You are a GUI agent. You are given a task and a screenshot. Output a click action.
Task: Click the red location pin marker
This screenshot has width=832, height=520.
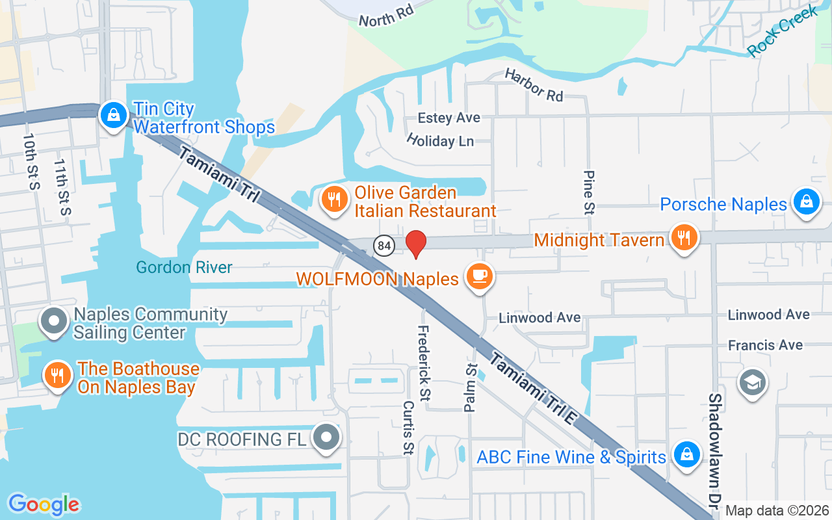(416, 244)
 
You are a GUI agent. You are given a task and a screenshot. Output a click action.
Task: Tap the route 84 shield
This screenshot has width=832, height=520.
(384, 245)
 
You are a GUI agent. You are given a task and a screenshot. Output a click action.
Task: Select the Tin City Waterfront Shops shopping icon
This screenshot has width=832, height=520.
(114, 116)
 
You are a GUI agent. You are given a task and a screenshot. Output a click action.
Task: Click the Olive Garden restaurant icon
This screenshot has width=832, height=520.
(335, 200)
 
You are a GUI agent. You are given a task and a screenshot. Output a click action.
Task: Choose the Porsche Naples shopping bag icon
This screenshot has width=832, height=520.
(806, 202)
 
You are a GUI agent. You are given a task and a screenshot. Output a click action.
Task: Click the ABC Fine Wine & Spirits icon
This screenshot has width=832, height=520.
(686, 454)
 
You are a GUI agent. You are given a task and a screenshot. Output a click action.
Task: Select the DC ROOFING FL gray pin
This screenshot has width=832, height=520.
(326, 438)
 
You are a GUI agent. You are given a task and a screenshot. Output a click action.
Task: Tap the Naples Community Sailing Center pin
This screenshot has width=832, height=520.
(55, 322)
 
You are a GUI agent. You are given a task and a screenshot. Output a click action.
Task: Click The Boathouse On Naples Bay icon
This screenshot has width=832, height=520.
(58, 376)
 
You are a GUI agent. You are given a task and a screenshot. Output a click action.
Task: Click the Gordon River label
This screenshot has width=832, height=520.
(184, 267)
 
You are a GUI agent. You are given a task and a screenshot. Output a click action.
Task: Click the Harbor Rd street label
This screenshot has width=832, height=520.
(534, 85)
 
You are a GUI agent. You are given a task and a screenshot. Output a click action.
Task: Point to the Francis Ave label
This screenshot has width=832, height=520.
(765, 344)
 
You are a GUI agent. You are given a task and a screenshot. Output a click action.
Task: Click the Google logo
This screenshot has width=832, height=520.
(44, 504)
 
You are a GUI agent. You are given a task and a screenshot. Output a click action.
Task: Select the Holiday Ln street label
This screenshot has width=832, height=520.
(440, 140)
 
